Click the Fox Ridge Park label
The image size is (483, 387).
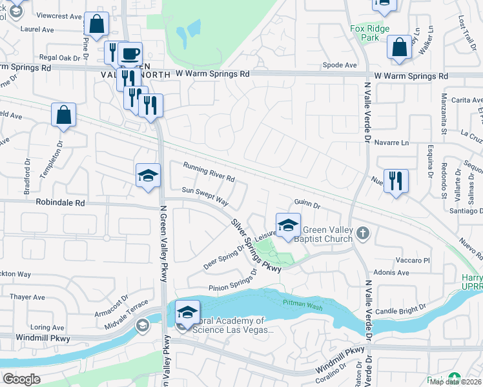tap(373, 34)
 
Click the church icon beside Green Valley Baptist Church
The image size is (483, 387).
tap(364, 233)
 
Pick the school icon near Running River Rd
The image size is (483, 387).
tap(148, 175)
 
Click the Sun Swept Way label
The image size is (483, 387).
tap(205, 195)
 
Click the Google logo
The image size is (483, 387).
tap(21, 379)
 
